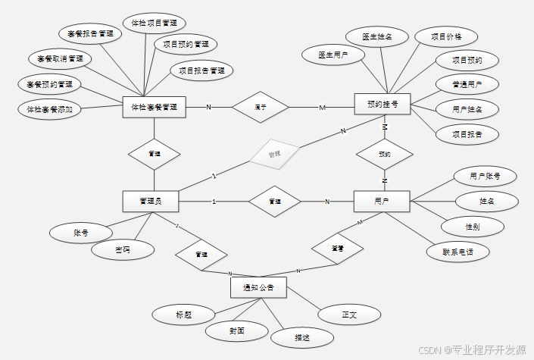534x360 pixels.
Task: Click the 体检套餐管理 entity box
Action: (x=155, y=108)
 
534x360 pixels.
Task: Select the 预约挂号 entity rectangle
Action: (x=382, y=104)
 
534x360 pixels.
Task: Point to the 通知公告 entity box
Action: (x=258, y=287)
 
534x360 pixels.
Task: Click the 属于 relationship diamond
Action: (x=260, y=108)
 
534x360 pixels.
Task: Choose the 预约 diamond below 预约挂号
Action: (x=384, y=155)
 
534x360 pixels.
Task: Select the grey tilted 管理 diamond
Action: (x=275, y=155)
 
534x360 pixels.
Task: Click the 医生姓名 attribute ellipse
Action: (x=376, y=36)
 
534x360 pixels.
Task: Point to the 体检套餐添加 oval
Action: (x=49, y=108)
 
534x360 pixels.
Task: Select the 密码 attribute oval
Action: (x=123, y=249)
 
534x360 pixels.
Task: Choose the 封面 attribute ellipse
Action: (x=237, y=331)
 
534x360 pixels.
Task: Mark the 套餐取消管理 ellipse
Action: (x=60, y=58)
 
